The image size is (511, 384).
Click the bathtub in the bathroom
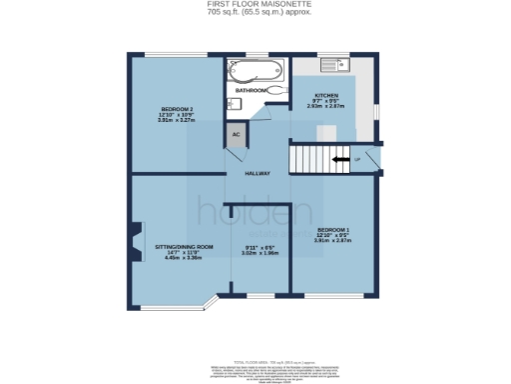click(255, 71)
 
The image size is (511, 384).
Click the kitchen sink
click(333, 68)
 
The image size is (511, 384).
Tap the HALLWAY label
click(258, 173)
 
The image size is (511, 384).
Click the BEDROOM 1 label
click(333, 229)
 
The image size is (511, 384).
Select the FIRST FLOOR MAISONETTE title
click(255, 5)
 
